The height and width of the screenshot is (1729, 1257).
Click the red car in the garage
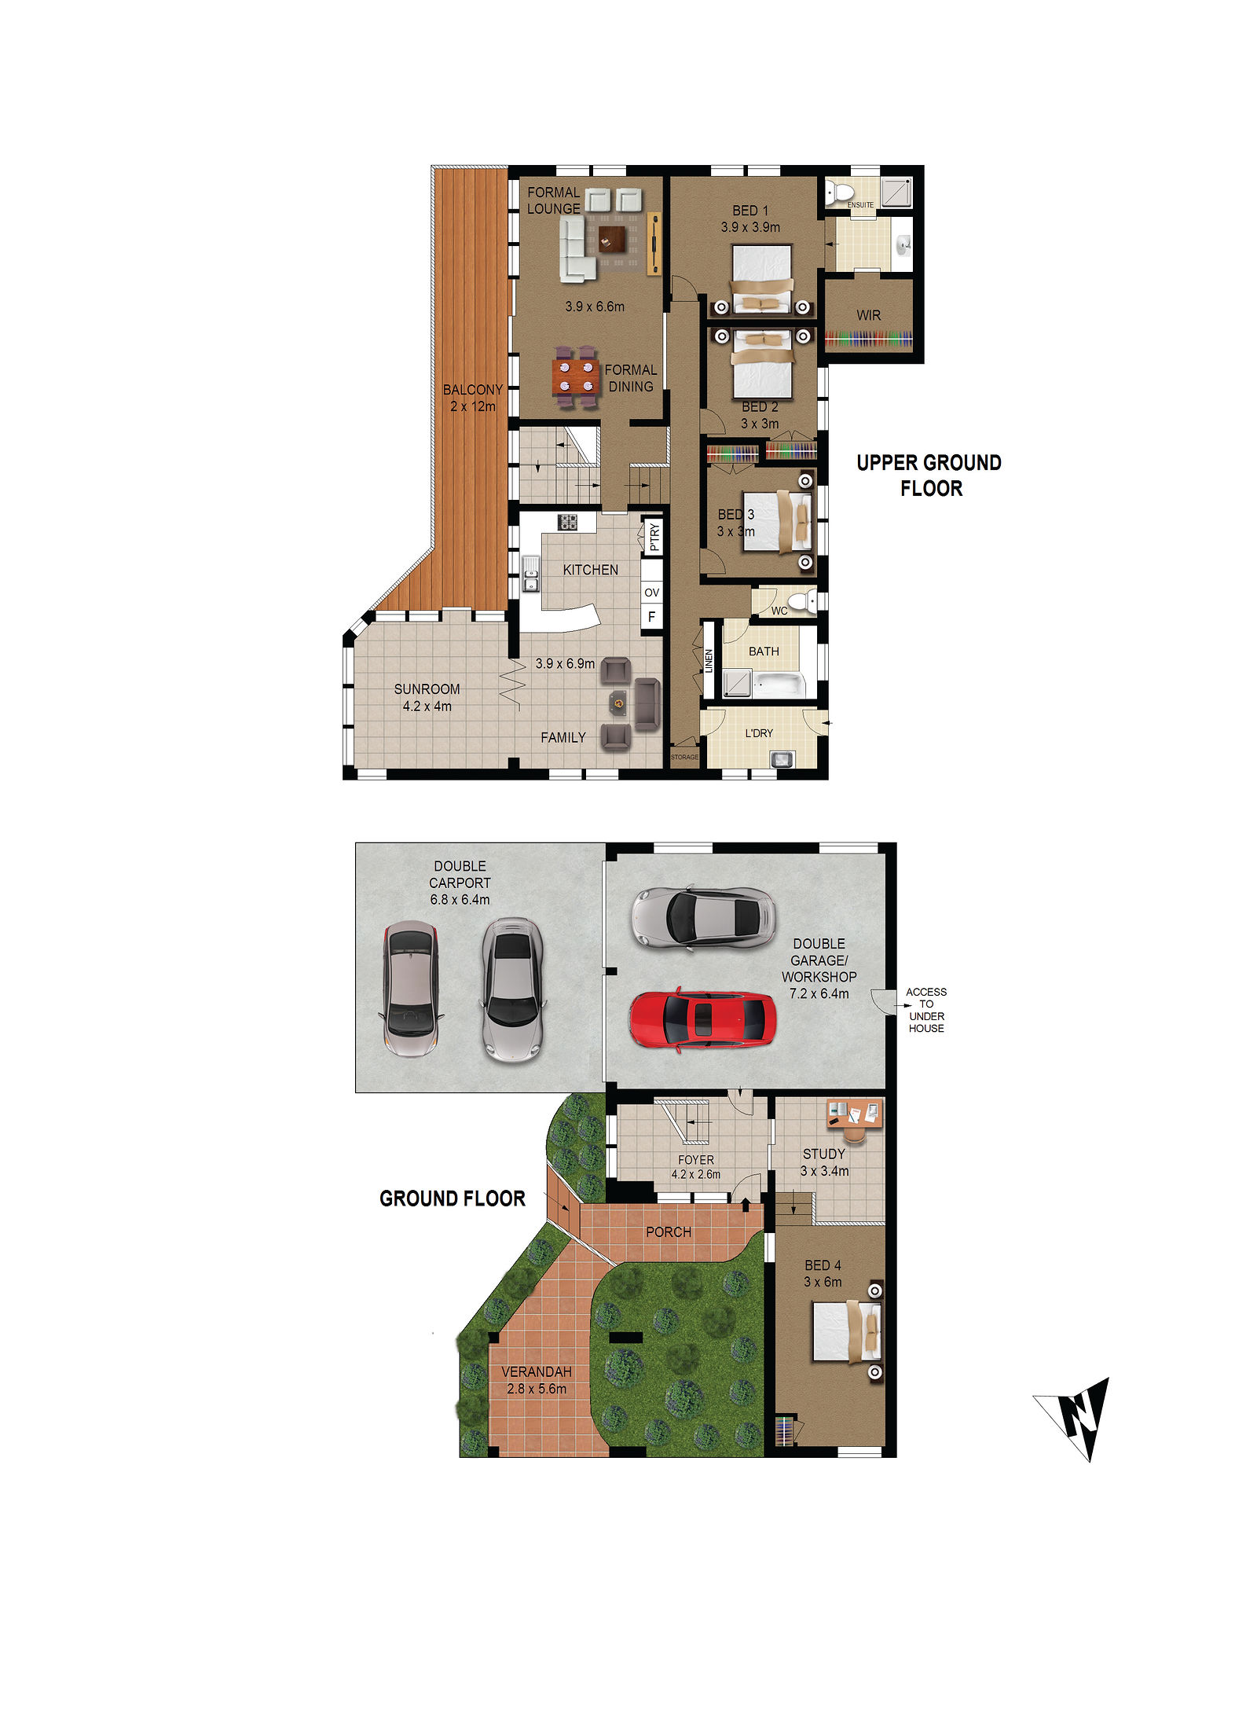tap(702, 1019)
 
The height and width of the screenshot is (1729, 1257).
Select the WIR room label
tap(868, 315)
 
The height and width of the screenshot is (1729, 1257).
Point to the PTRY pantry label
tap(654, 537)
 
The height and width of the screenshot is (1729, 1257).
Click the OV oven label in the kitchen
tap(651, 593)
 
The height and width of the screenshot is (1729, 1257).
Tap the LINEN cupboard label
tap(709, 660)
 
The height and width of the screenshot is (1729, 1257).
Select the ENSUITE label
tap(860, 205)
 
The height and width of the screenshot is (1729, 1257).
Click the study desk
tap(855, 1115)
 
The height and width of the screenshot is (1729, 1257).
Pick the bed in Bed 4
tap(846, 1331)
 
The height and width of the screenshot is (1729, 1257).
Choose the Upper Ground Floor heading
tap(929, 475)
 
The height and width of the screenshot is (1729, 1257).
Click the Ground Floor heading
tap(453, 1199)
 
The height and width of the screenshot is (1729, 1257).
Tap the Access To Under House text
tap(926, 1010)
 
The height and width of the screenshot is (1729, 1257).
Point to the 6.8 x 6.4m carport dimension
tap(460, 900)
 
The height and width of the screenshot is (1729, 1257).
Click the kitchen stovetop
tap(567, 522)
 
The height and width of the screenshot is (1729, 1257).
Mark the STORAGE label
tap(684, 757)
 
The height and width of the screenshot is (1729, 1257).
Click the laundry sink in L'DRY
tap(782, 759)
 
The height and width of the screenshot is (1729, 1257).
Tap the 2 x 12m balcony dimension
tap(473, 407)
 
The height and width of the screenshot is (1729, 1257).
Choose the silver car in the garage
tap(703, 917)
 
